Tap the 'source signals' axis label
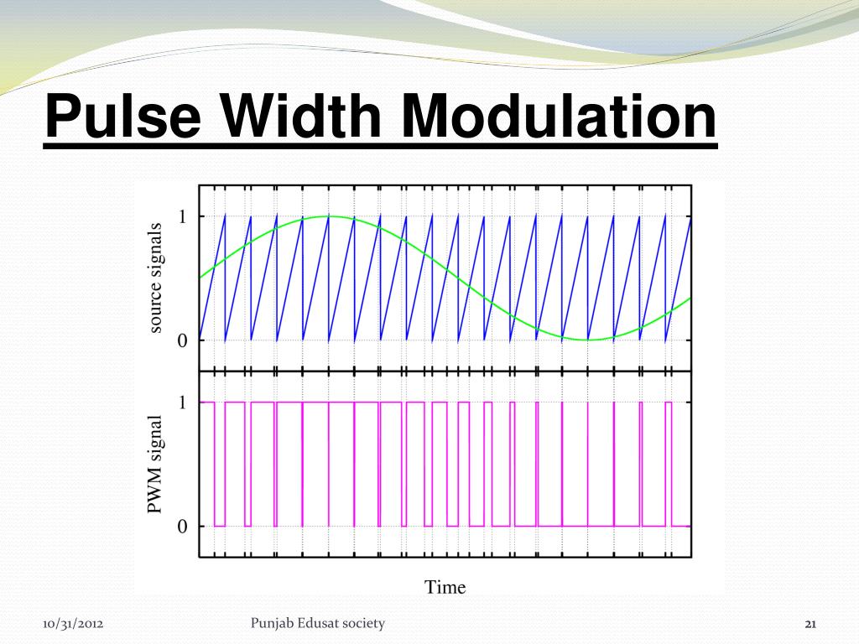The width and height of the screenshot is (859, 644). pyautogui.click(x=154, y=278)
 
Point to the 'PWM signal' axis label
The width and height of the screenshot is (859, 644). pyautogui.click(x=154, y=465)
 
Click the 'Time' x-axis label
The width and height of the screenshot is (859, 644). pyautogui.click(x=445, y=587)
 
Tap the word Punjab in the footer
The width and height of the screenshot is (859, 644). pyautogui.click(x=273, y=623)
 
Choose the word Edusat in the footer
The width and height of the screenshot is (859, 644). pyautogui.click(x=323, y=623)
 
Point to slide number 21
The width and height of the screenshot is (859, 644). pyautogui.click(x=810, y=624)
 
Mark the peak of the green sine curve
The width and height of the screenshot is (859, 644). pyautogui.click(x=330, y=216)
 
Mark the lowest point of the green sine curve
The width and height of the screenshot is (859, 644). pyautogui.click(x=588, y=340)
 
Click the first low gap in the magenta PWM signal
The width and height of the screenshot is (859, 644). pyautogui.click(x=220, y=525)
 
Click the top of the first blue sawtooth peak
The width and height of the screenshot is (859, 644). pyautogui.click(x=225, y=217)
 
